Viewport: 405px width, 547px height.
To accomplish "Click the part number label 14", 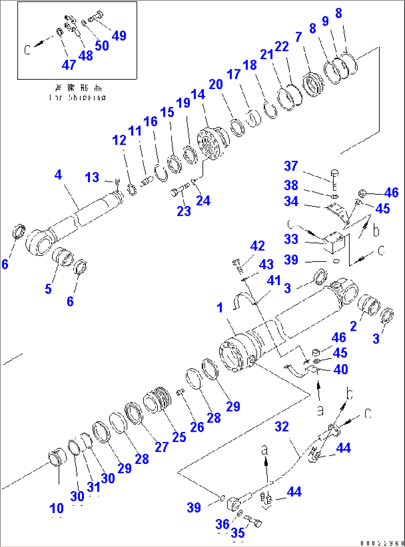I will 198,94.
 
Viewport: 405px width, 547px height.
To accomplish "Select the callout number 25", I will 179,437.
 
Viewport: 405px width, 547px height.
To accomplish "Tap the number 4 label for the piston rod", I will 58,175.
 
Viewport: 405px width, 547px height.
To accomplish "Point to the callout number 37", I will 291,166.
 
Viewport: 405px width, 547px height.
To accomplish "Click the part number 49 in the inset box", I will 119,36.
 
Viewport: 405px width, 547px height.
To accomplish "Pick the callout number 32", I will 282,426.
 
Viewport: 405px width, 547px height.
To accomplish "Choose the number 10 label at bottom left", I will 56,508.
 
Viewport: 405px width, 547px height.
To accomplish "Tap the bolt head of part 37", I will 334,173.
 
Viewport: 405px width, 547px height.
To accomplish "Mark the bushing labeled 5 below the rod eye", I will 63,256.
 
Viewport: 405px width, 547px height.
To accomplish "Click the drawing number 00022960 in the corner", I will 381,543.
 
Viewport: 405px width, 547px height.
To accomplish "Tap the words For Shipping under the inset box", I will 78,98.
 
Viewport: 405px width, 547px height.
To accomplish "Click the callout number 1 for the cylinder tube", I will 220,307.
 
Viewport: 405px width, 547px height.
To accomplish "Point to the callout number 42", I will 257,246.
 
